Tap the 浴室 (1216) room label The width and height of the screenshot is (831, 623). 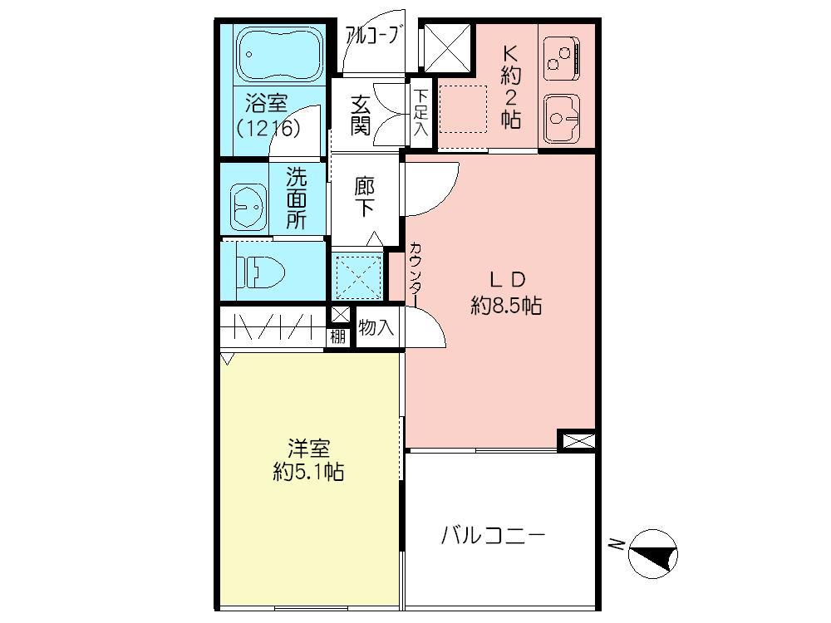(267, 116)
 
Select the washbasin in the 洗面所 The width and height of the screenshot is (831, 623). (247, 203)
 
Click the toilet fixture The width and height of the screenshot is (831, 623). (264, 270)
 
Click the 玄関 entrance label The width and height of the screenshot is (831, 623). (360, 115)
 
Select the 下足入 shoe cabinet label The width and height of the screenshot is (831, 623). (420, 113)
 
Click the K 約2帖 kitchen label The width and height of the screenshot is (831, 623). (509, 86)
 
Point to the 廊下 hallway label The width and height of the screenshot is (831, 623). (364, 198)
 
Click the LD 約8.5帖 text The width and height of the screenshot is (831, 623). (506, 292)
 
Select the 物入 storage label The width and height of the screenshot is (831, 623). (376, 327)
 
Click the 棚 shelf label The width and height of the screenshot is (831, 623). (337, 336)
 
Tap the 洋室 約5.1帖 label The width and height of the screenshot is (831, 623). (309, 460)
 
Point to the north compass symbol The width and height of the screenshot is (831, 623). (653, 554)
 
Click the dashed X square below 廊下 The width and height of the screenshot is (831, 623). (358, 274)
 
